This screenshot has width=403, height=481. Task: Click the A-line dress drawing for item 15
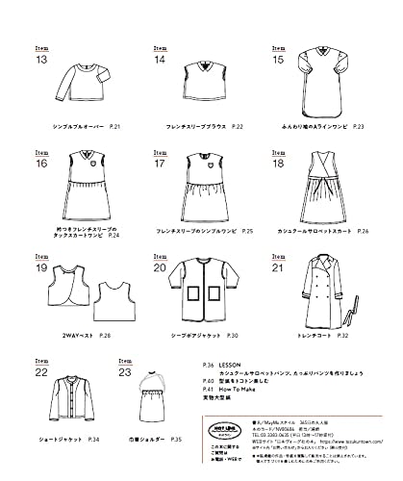(x=329, y=78)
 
